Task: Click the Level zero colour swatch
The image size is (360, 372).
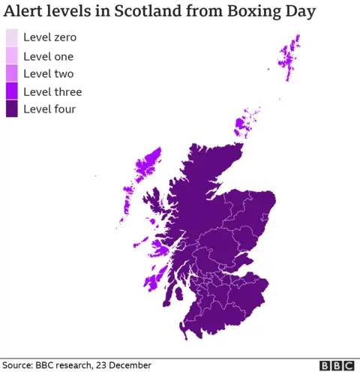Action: pos(12,37)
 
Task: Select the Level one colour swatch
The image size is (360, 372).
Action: pos(12,55)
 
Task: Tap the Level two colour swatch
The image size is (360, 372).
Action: pos(12,73)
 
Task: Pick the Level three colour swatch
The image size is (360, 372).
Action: pos(12,91)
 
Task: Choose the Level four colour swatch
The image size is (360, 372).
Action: pos(12,109)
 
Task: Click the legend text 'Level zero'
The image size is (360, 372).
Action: pos(49,37)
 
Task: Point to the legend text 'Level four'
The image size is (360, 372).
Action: pos(49,109)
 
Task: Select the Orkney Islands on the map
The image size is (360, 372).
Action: pos(244,124)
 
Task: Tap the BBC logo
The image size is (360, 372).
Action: pos(337,365)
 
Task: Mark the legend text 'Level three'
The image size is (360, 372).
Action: pos(52,91)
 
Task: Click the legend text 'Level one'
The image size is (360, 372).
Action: pos(49,55)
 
